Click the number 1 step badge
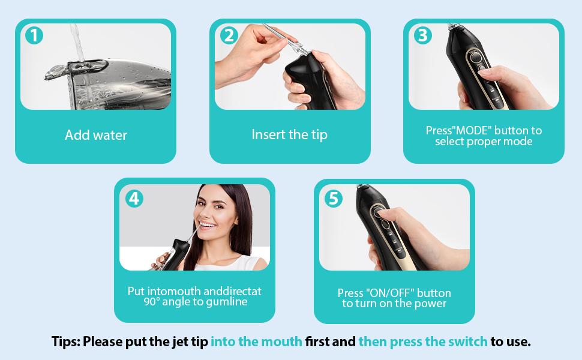pyautogui.click(x=34, y=35)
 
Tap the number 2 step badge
pyautogui.click(x=229, y=35)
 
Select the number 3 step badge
pyautogui.click(x=423, y=35)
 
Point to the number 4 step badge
pyautogui.click(x=134, y=199)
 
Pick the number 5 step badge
pyautogui.click(x=334, y=199)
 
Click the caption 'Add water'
pyautogui.click(x=96, y=135)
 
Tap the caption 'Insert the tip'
pyautogui.click(x=290, y=135)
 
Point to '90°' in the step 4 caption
pyautogui.click(x=151, y=302)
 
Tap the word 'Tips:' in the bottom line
pyautogui.click(x=65, y=341)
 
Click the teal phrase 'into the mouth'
pyautogui.click(x=256, y=341)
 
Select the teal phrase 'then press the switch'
pyautogui.click(x=423, y=341)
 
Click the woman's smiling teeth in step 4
pyautogui.click(x=207, y=224)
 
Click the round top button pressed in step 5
pyautogui.click(x=378, y=212)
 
